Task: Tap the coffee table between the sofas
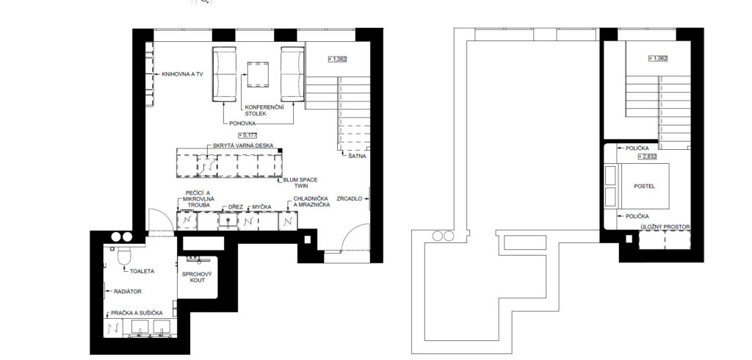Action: (x=258, y=75)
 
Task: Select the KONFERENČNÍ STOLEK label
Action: (x=264, y=110)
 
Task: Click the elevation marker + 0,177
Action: (x=247, y=135)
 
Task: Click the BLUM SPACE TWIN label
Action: (x=300, y=183)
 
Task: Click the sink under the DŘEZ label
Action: (x=228, y=220)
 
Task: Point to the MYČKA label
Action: (x=262, y=207)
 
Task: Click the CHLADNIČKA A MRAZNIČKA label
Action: (x=311, y=201)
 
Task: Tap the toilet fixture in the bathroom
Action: (x=124, y=256)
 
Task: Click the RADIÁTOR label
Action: (x=128, y=292)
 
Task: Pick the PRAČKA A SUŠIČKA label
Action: (x=137, y=313)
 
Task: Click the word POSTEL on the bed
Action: (x=644, y=186)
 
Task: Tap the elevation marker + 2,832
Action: (x=646, y=156)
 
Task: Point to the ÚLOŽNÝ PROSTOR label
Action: (x=665, y=226)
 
